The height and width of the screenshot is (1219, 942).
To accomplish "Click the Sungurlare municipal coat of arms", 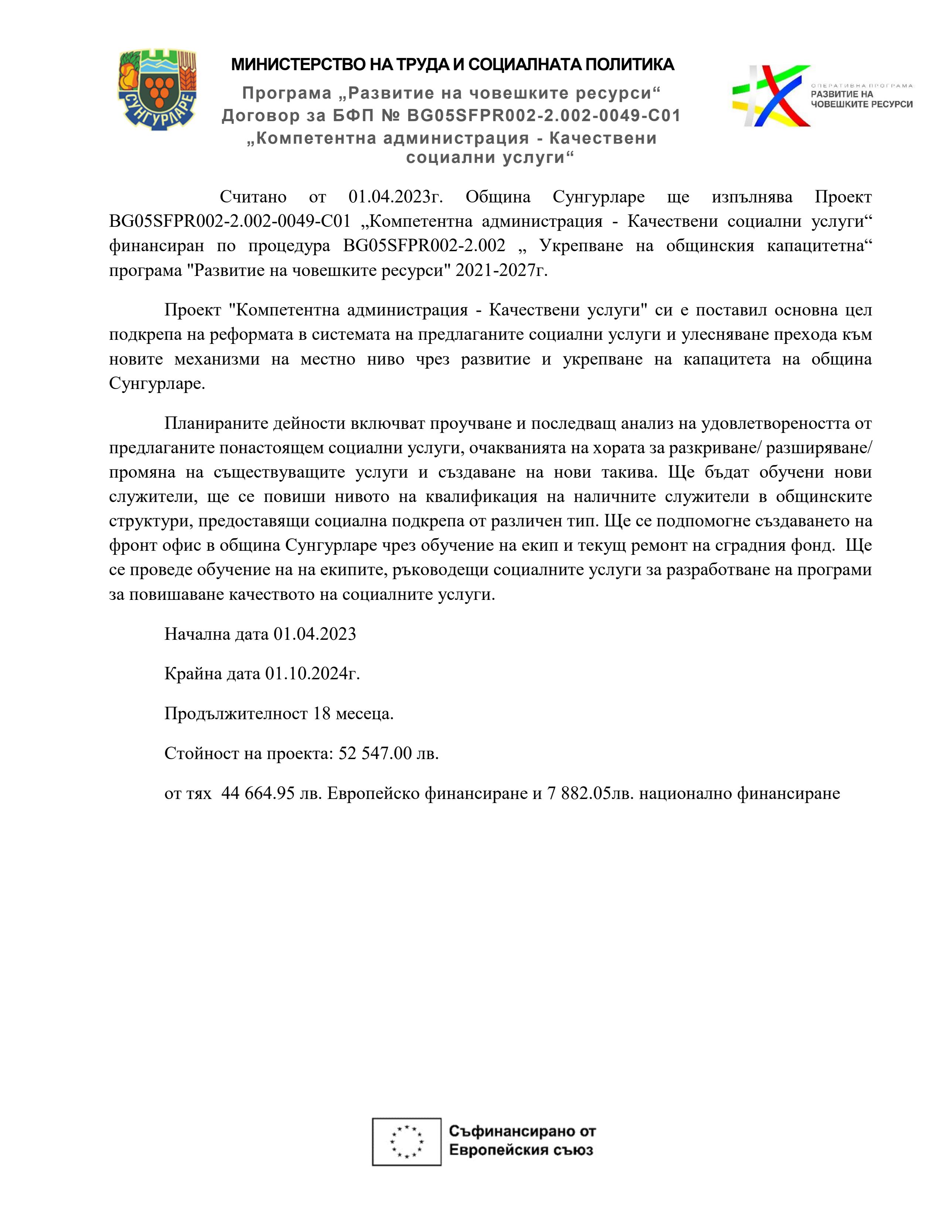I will click(x=157, y=89).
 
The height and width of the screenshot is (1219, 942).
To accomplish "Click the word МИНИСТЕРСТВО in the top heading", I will click(x=298, y=65).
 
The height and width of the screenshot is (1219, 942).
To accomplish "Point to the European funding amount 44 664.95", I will click(x=258, y=793).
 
